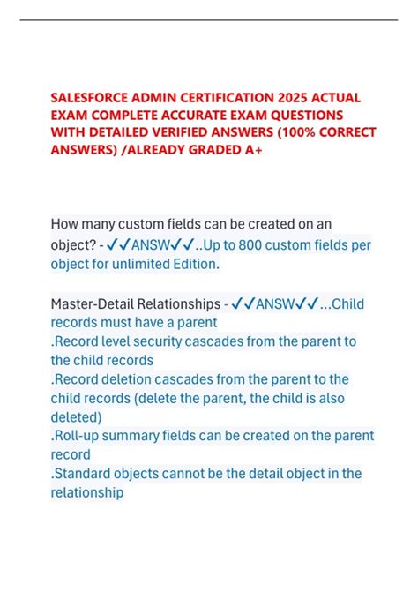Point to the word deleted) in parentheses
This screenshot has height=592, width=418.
click(77, 416)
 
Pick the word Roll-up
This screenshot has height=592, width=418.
click(78, 436)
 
